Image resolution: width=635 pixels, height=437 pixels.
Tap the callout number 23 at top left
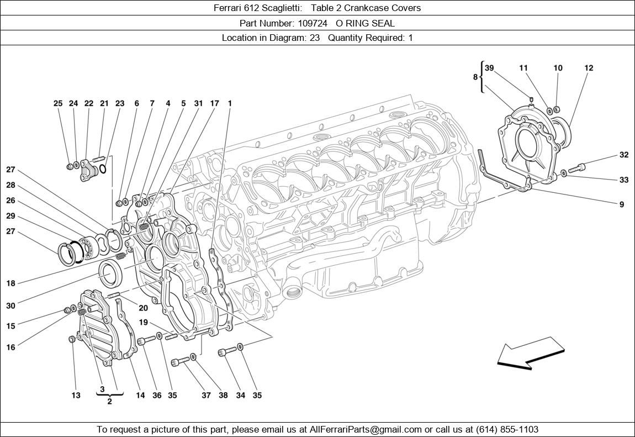[120, 103]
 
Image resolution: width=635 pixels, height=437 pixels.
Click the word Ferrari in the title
[230, 8]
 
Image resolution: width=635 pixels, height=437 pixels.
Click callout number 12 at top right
[589, 68]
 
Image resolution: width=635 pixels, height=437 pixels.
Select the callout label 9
[622, 204]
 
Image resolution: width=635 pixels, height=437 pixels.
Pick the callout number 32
[623, 155]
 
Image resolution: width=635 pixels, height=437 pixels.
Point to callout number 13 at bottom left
[76, 395]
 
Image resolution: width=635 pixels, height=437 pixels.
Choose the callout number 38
[223, 395]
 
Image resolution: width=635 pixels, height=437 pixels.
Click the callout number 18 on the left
[10, 283]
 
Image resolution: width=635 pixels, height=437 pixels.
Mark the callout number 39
[489, 68]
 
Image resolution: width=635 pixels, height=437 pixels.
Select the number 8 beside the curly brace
[475, 77]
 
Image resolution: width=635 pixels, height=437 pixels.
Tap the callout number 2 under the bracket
[109, 402]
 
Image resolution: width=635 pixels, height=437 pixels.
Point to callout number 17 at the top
[214, 103]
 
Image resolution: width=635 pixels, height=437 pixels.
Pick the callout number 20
[143, 308]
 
